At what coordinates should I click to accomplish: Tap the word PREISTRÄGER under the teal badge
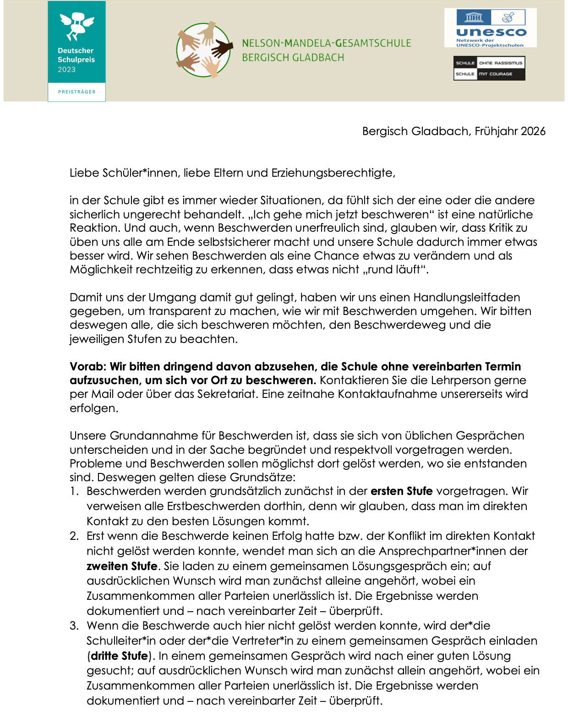[77, 92]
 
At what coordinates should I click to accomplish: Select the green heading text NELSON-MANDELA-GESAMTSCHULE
[327, 43]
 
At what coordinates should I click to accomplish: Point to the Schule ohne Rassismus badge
[489, 68]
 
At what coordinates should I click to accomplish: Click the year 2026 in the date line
[533, 131]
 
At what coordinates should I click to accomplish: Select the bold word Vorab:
[88, 367]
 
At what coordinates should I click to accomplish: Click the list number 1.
[74, 492]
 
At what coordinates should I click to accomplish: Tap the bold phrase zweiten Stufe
[122, 566]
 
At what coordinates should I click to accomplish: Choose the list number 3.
[74, 626]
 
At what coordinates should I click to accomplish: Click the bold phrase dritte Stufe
[119, 656]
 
